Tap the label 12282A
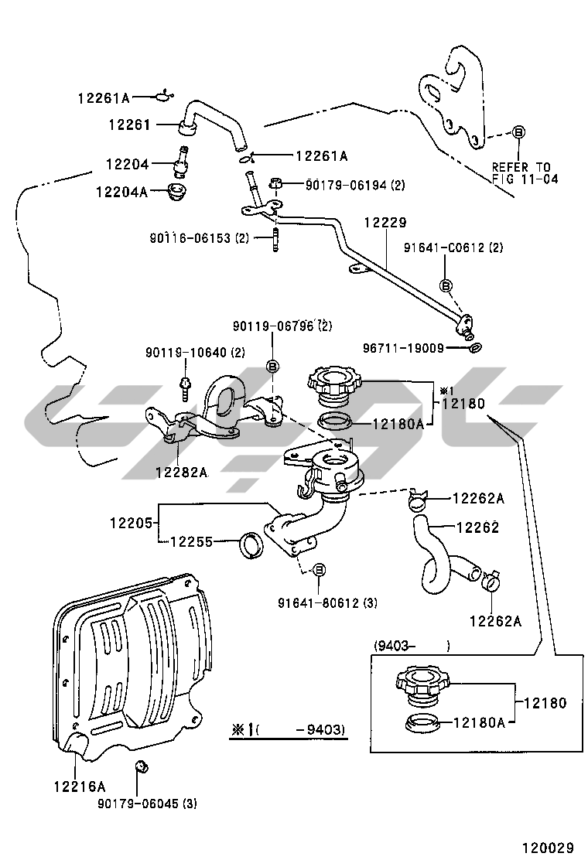coord(181,472)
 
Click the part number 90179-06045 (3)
coord(147,804)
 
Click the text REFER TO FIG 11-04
coord(521,172)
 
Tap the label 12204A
coord(121,191)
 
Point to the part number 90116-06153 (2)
coord(200,238)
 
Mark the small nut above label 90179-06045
coord(142,766)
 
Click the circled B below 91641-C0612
coord(446,285)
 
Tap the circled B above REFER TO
coord(518,132)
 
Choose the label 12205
coord(131,522)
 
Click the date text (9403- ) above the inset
coord(412,645)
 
